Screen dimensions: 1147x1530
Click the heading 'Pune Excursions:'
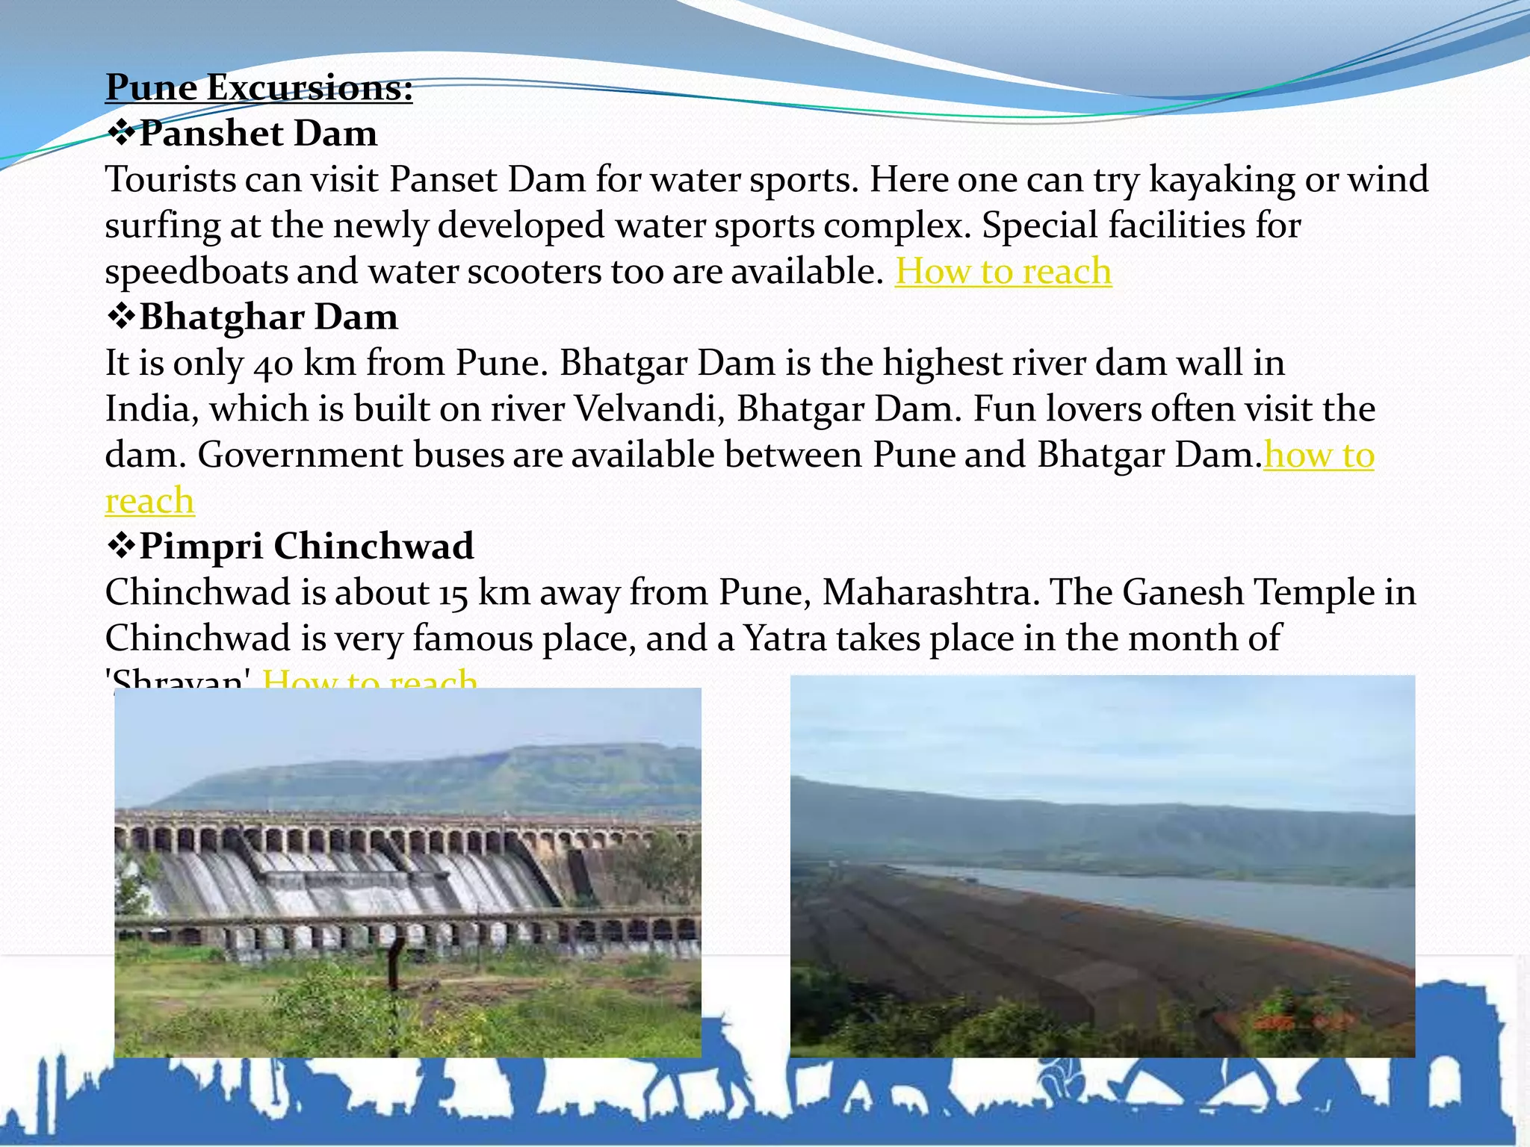click(258, 87)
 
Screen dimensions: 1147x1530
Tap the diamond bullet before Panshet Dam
click(120, 134)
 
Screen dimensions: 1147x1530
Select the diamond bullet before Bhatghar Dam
click(120, 317)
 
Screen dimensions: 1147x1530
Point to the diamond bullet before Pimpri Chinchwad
click(120, 546)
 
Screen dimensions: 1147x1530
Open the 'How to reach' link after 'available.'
click(1003, 271)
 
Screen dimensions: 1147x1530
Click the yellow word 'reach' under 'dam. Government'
click(149, 500)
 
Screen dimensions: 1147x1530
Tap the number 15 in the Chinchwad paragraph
click(453, 594)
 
